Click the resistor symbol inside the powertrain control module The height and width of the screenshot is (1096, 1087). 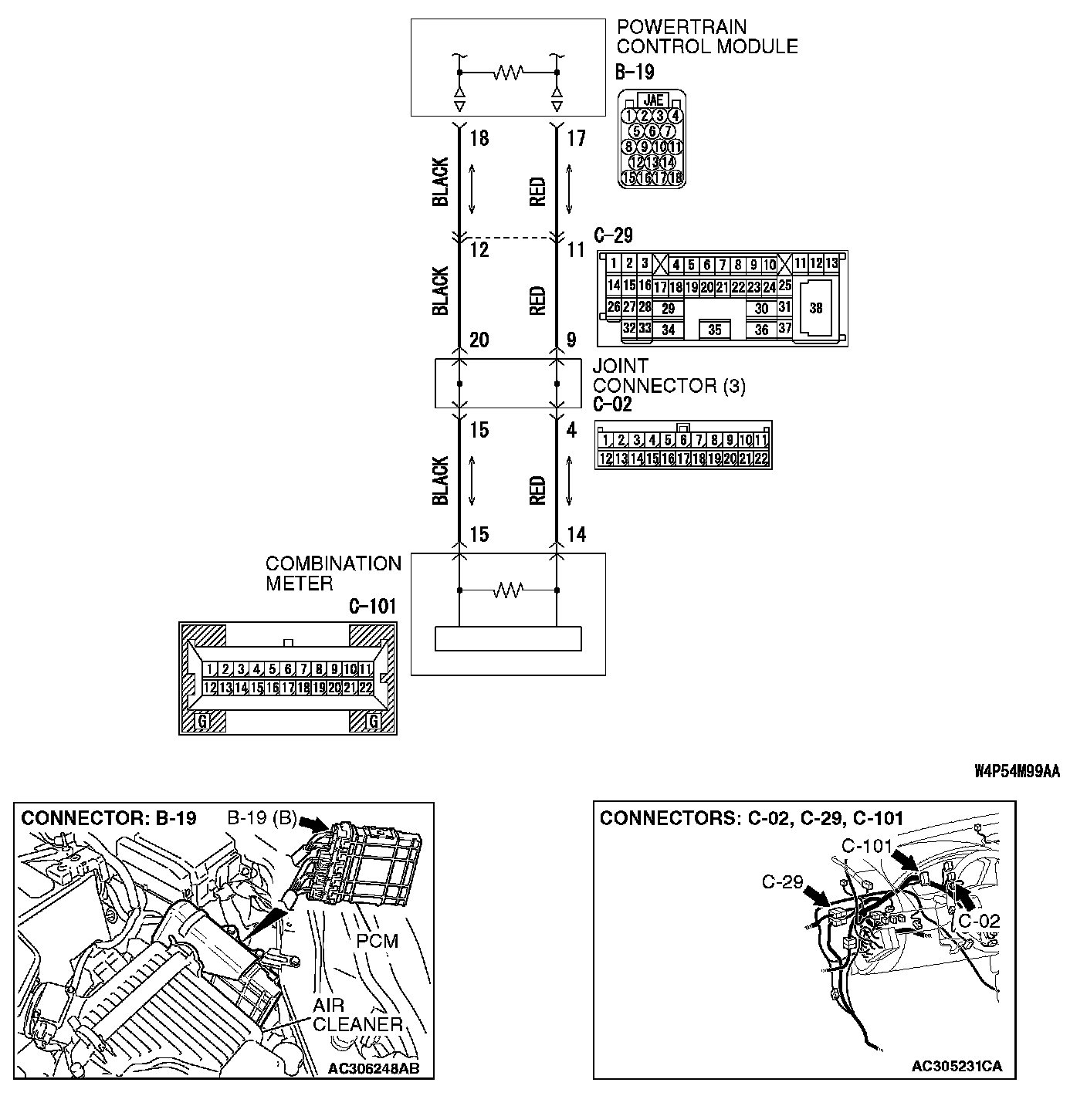(x=508, y=72)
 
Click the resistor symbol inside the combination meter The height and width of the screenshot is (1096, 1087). (x=508, y=590)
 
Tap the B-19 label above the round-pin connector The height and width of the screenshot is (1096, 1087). (x=635, y=73)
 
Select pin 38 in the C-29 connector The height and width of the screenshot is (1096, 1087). (x=816, y=308)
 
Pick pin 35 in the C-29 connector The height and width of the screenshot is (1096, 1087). (x=714, y=330)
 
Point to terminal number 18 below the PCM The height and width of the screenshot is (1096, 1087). (x=479, y=139)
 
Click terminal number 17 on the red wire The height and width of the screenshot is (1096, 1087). (x=576, y=139)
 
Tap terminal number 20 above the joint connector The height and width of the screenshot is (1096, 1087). (x=479, y=340)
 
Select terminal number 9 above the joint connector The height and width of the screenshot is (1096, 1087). (x=571, y=340)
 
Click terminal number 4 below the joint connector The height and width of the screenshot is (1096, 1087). (x=571, y=430)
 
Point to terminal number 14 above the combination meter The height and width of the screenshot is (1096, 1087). (x=576, y=534)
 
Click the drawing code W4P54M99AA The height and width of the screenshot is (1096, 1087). (x=1016, y=771)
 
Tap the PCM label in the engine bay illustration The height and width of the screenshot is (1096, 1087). (x=378, y=941)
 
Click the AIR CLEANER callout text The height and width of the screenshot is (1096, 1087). (x=357, y=1015)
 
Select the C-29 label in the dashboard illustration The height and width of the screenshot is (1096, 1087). (x=782, y=881)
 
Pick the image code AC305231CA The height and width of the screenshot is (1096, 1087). (x=957, y=1066)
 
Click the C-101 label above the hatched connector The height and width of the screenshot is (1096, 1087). (x=372, y=607)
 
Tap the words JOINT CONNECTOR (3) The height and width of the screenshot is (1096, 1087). (x=669, y=376)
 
